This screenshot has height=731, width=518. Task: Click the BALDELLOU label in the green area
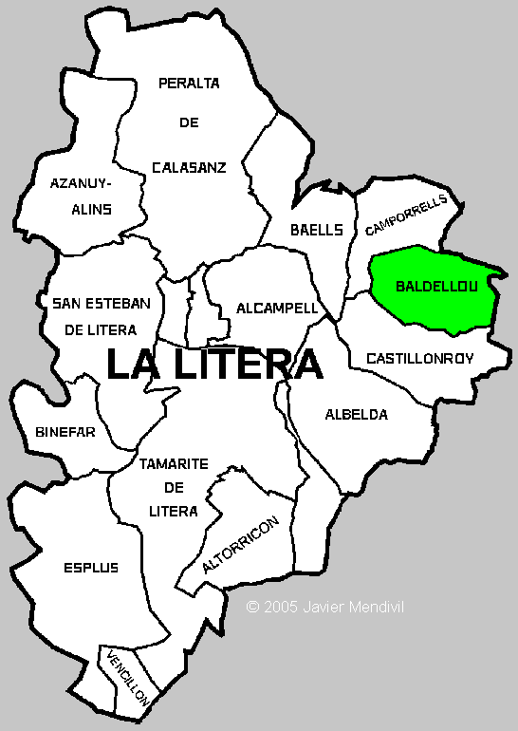point(435,285)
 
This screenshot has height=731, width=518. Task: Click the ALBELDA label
point(356,414)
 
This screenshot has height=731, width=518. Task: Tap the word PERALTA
point(189,83)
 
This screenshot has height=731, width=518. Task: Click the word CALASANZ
point(189,167)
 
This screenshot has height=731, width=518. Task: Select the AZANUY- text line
point(81,182)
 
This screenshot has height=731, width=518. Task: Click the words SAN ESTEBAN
point(102,303)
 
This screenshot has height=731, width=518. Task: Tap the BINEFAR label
point(65,431)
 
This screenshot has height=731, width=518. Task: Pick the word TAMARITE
point(174,464)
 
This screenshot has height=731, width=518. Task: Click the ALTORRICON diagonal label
point(241,545)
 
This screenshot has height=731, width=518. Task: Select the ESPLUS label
point(92,568)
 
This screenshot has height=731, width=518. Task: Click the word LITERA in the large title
point(242,364)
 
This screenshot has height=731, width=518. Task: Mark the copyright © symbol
point(252,606)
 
